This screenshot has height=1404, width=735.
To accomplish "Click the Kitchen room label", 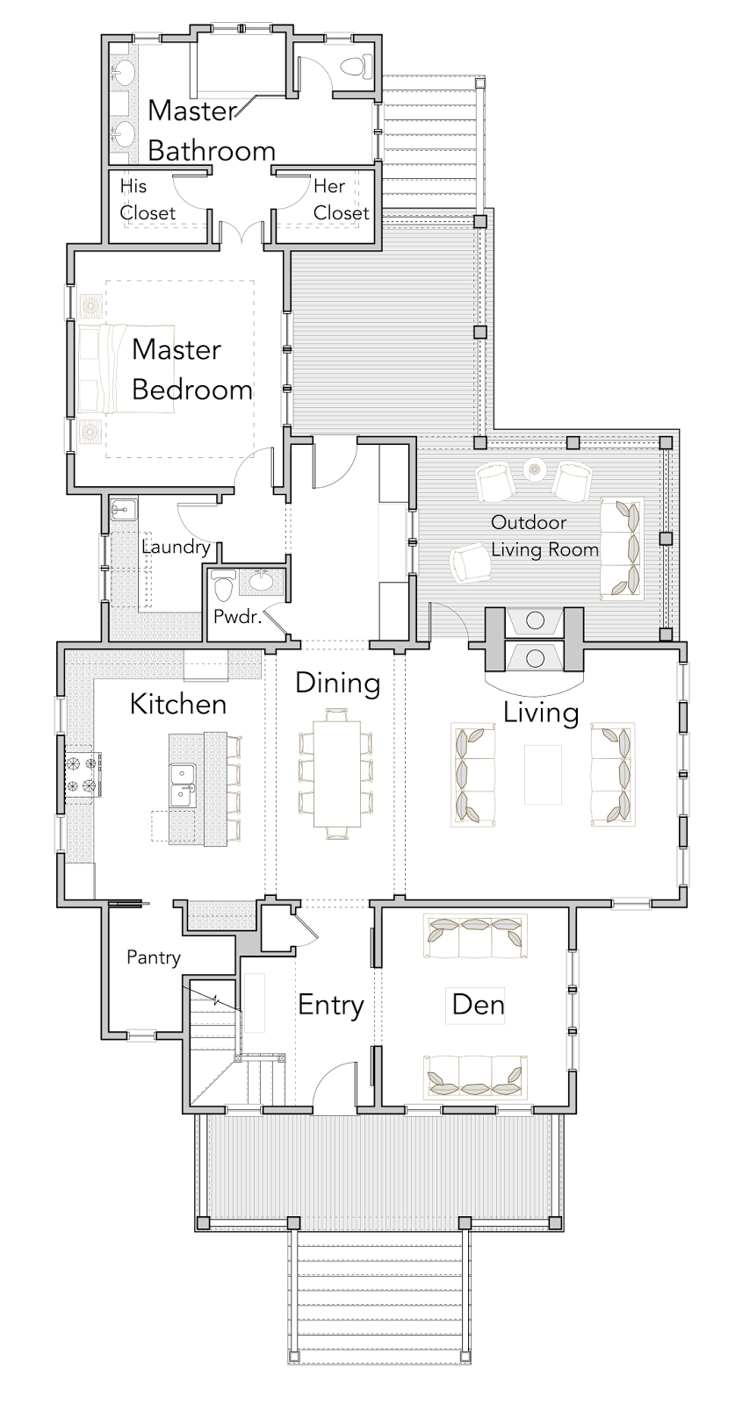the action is click(178, 704).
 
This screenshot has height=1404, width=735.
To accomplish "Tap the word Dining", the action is click(337, 684).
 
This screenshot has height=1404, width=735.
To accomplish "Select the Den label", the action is click(478, 1005).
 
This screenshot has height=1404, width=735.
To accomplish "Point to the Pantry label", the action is click(154, 957).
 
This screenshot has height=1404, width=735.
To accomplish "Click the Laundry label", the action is click(177, 547).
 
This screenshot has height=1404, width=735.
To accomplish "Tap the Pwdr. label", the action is click(237, 617).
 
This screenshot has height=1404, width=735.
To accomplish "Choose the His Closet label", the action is click(148, 199).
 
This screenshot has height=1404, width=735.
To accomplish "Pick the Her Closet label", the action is click(342, 199).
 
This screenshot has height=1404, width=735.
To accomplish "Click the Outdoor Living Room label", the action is click(544, 536).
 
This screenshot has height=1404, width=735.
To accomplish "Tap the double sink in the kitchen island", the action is click(183, 784).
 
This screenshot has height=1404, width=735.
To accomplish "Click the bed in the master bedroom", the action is click(126, 369).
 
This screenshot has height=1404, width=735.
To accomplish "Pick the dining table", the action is click(337, 773).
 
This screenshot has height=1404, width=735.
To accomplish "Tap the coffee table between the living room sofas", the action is click(543, 774).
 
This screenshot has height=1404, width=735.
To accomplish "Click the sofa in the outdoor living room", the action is click(622, 548).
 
